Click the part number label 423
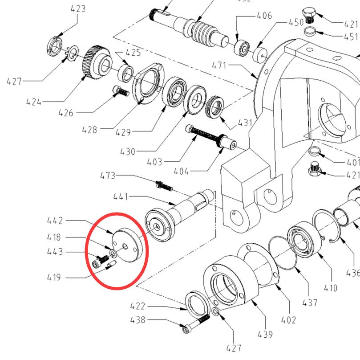point(78,9)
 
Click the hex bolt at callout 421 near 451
point(309,15)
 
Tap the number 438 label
point(138,320)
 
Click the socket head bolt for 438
point(194,324)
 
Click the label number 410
point(331,288)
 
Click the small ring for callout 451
point(310,32)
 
